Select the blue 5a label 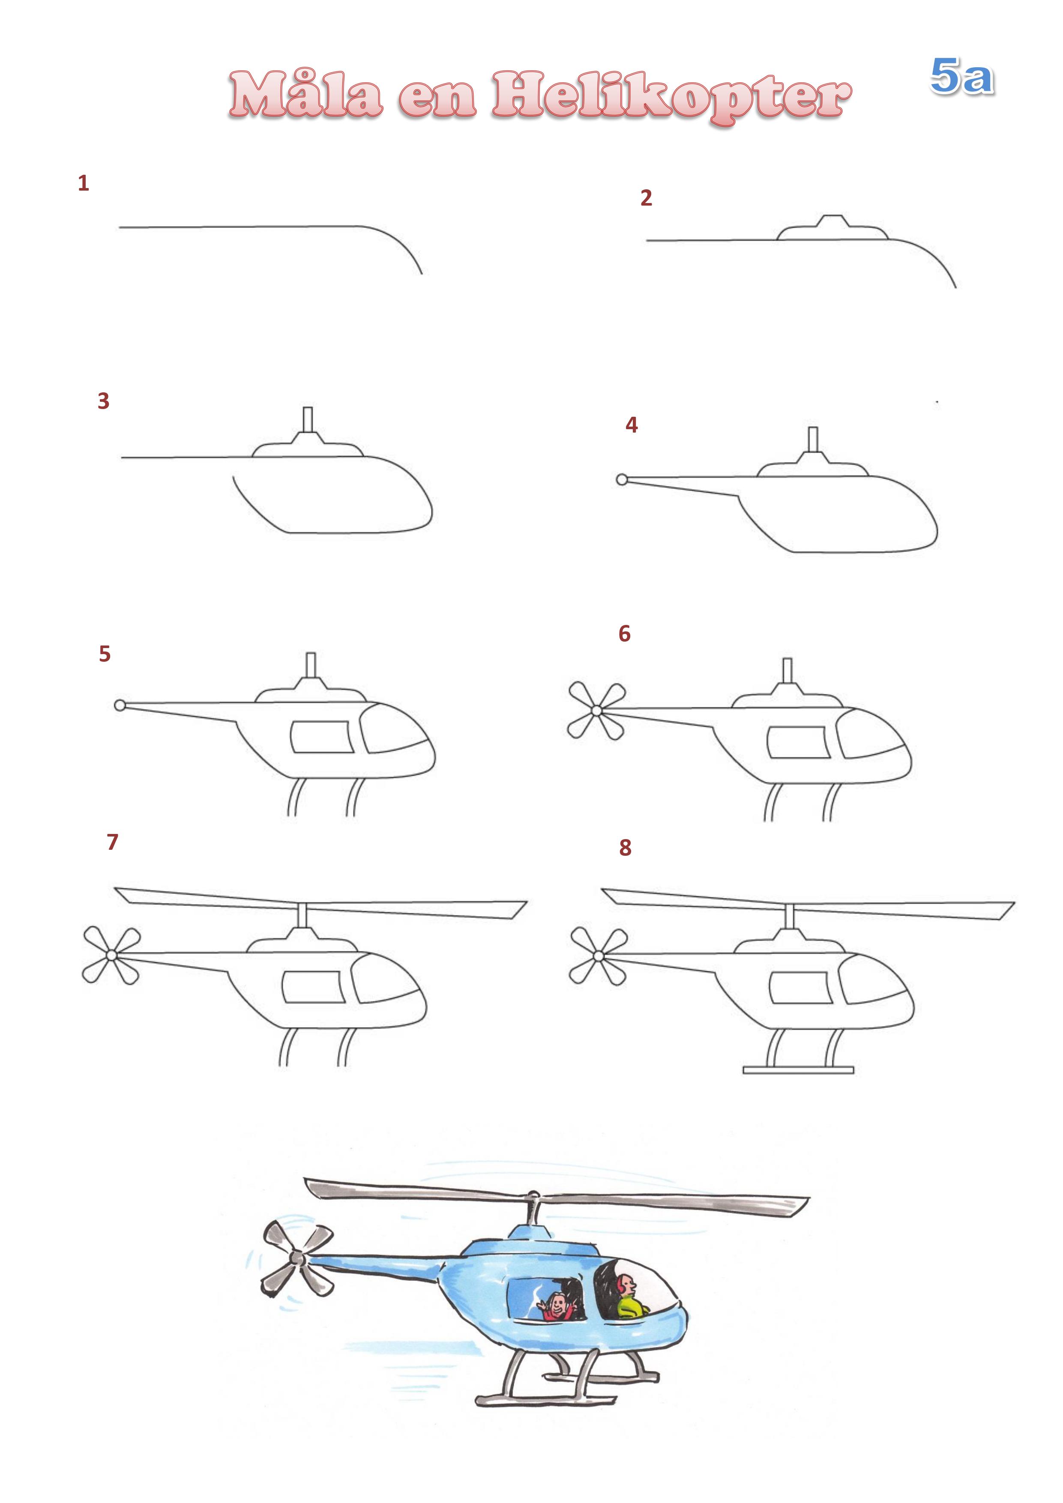pos(961,77)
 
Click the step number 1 pos(83,183)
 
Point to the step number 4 pos(632,425)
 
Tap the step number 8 pos(626,848)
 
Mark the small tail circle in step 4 pos(622,480)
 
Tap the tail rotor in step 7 pos(111,955)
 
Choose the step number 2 pos(647,198)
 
